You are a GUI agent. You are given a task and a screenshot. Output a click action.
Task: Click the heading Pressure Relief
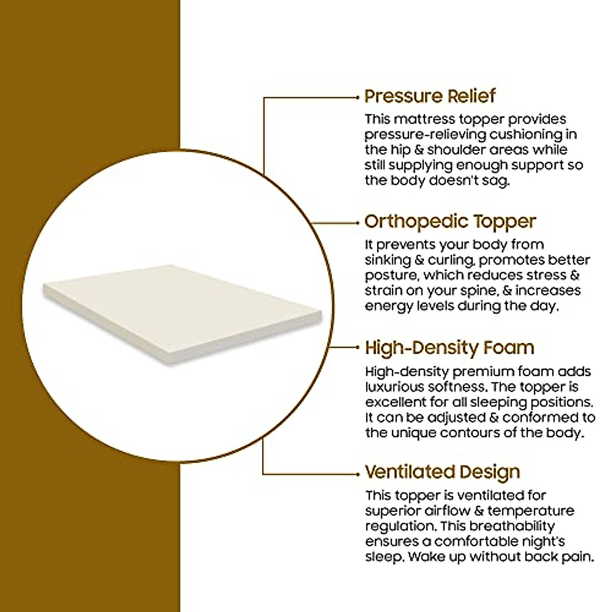[x=429, y=96]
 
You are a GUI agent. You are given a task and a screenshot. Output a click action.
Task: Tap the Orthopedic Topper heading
[x=450, y=221]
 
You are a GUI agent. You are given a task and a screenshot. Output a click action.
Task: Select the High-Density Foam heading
[x=449, y=348]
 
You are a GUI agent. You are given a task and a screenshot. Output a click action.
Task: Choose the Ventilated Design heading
[x=442, y=472]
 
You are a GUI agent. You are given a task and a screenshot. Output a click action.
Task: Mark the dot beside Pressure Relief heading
[x=358, y=96]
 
